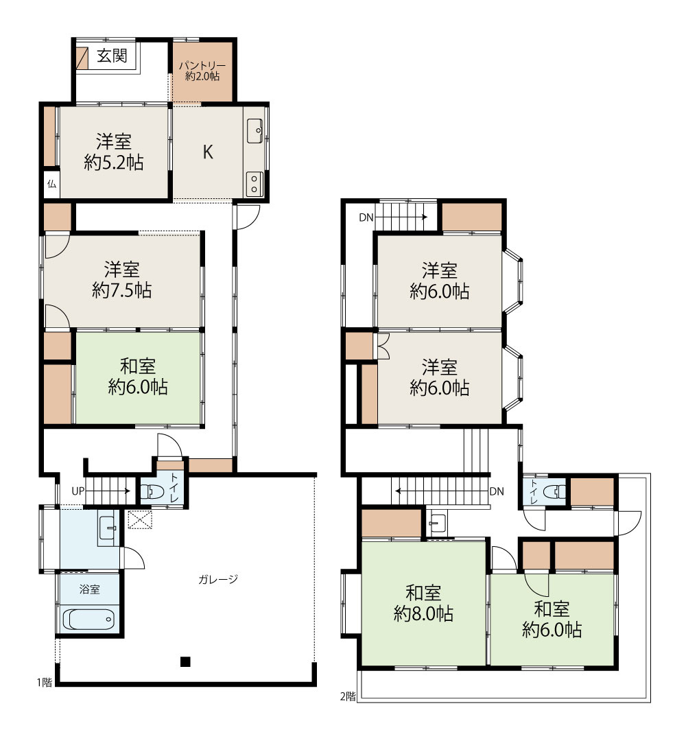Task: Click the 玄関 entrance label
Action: pyautogui.click(x=112, y=56)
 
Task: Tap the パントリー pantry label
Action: pyautogui.click(x=202, y=66)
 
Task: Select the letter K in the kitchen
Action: pyautogui.click(x=208, y=152)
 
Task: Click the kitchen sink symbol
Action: pyautogui.click(x=255, y=131)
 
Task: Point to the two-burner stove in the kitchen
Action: pyautogui.click(x=255, y=183)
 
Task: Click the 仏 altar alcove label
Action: pyautogui.click(x=51, y=184)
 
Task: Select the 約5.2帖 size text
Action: pyautogui.click(x=114, y=163)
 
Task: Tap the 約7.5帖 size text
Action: pyautogui.click(x=122, y=290)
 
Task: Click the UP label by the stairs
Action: pyautogui.click(x=78, y=491)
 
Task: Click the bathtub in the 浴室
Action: pyautogui.click(x=88, y=619)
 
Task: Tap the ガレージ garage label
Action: pyautogui.click(x=217, y=579)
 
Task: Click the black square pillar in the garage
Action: pyautogui.click(x=185, y=661)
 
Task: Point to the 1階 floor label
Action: pyautogui.click(x=45, y=682)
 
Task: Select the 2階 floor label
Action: pyautogui.click(x=348, y=696)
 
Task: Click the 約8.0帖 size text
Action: pyautogui.click(x=423, y=614)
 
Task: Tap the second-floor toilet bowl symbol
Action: pyautogui.click(x=554, y=491)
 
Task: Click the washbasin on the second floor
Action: pyautogui.click(x=437, y=523)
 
